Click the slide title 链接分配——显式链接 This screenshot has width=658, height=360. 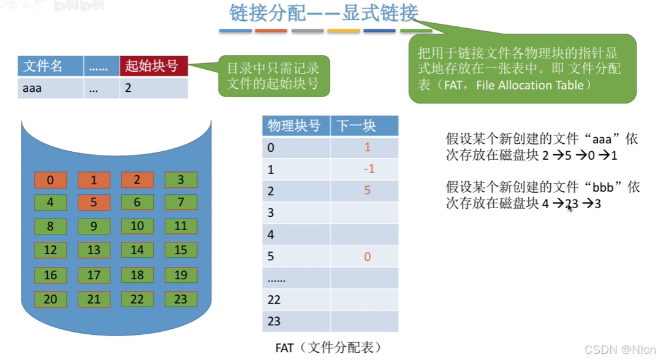point(324,13)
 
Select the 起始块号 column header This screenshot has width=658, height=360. point(153,66)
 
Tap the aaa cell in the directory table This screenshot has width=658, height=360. point(32,88)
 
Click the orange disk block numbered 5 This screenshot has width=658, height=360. point(94,202)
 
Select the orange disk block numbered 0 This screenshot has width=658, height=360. point(50,180)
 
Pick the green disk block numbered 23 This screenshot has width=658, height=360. point(181,299)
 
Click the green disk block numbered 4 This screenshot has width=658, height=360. point(50,202)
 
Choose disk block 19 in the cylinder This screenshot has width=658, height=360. point(181,275)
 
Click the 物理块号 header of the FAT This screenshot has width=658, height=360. point(295,126)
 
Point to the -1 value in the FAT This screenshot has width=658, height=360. point(368,169)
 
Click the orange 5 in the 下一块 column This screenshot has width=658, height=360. point(368,190)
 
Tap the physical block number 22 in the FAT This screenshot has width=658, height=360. point(274,299)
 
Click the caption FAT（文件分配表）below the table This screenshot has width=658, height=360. point(328,348)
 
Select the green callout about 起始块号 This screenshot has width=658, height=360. point(274,75)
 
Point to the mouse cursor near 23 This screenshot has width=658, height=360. point(570,207)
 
